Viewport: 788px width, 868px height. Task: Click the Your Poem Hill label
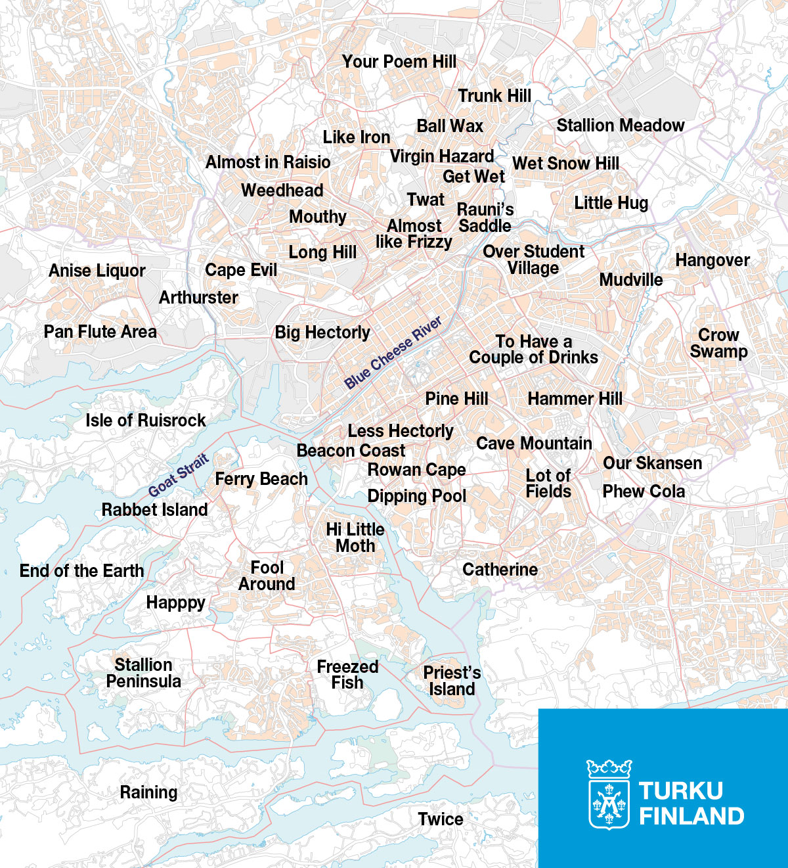click(x=399, y=62)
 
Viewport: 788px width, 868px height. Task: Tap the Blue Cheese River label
click(x=393, y=353)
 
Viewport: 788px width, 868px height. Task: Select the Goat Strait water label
click(x=179, y=474)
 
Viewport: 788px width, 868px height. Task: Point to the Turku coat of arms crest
click(x=609, y=794)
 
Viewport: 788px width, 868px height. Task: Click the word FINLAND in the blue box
click(x=691, y=816)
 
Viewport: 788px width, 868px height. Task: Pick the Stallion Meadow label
click(x=620, y=126)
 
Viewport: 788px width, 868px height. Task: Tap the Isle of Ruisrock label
click(x=146, y=421)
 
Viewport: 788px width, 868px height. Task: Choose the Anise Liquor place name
click(x=97, y=271)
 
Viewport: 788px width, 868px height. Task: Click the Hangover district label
click(x=712, y=260)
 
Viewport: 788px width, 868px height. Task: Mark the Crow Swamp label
click(x=718, y=343)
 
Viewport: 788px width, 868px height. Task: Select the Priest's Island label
click(x=452, y=681)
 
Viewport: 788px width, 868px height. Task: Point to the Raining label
click(x=148, y=792)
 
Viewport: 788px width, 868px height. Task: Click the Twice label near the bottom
click(x=441, y=819)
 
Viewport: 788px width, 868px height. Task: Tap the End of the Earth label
click(x=81, y=571)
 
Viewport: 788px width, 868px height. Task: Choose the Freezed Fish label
click(x=347, y=675)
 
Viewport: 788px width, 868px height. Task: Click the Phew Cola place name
click(x=644, y=491)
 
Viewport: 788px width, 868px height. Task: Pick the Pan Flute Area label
click(x=100, y=332)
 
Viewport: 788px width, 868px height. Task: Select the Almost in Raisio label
click(x=268, y=162)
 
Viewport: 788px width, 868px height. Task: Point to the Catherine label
click(x=500, y=570)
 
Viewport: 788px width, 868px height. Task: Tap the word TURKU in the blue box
click(x=680, y=790)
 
